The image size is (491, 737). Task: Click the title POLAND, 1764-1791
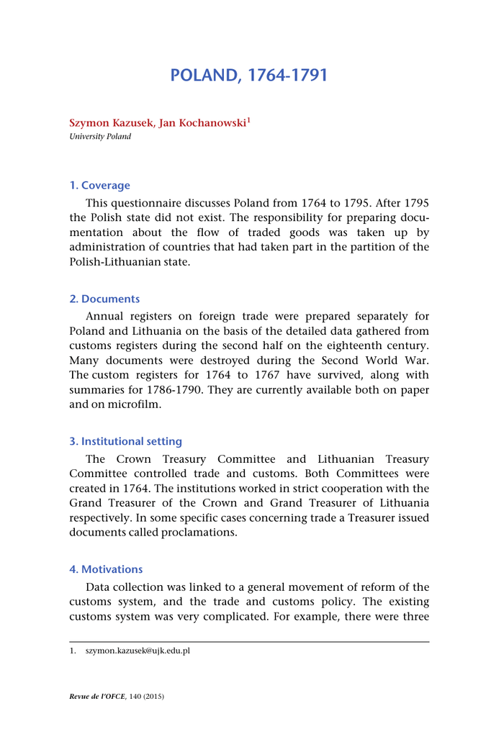[x=248, y=76]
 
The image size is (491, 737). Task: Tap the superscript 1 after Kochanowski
[x=248, y=120]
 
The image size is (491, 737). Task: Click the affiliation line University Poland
[x=100, y=136]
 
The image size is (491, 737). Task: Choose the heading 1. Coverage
[x=99, y=185]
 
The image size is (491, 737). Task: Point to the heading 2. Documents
[x=104, y=299]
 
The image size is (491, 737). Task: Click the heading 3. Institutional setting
[x=125, y=441]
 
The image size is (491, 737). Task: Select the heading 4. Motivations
[x=106, y=569]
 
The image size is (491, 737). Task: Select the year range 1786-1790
[x=159, y=389]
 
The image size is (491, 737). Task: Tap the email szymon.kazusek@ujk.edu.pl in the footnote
[x=138, y=651]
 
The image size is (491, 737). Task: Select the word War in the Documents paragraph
[x=414, y=361]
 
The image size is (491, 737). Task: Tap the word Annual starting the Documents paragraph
[x=106, y=317]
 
